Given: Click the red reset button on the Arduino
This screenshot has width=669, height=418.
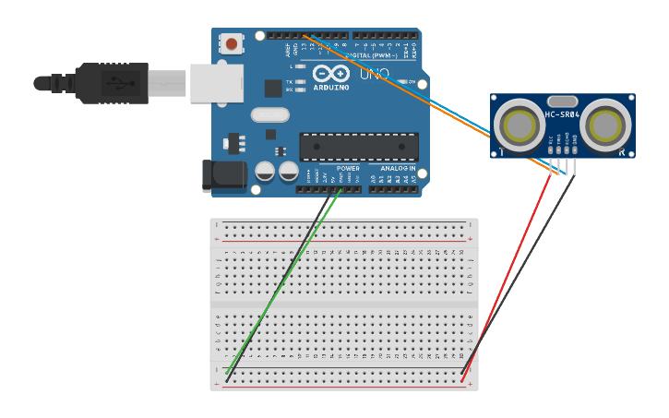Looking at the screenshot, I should (x=231, y=43).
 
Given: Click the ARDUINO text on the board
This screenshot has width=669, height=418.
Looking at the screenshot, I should (x=331, y=89).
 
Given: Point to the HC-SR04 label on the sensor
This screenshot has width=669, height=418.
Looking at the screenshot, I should (x=561, y=114).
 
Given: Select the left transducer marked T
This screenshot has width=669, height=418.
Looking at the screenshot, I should (x=519, y=125).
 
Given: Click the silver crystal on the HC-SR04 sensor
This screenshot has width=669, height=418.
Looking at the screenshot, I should (x=562, y=102).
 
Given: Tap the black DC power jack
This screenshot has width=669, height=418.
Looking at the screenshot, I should (x=223, y=175).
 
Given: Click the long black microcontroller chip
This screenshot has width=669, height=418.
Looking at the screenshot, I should (x=358, y=147).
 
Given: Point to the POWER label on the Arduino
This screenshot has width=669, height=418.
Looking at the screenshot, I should (x=348, y=169).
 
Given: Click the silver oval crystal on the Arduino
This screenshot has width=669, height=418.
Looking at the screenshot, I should (x=269, y=115).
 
